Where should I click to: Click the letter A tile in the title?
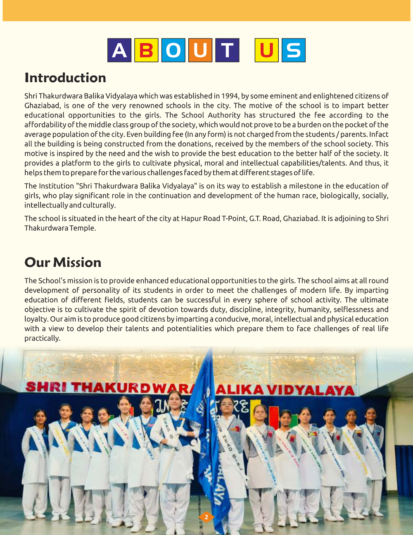(119, 50)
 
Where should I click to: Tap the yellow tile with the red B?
(146, 50)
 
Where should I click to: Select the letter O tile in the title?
(173, 50)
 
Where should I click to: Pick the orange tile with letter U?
(200, 50)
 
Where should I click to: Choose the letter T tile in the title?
(227, 50)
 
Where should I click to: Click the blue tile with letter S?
(294, 50)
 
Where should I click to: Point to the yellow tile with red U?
(266, 50)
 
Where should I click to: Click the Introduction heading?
(65, 78)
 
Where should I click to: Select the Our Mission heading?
(63, 263)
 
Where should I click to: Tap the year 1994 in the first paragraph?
(230, 96)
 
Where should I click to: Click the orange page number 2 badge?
(206, 517)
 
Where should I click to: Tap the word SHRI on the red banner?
(45, 387)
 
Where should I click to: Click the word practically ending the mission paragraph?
(42, 338)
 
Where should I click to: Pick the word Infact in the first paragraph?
(379, 134)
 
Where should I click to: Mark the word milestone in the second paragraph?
(300, 186)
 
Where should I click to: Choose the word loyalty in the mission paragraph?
(36, 319)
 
